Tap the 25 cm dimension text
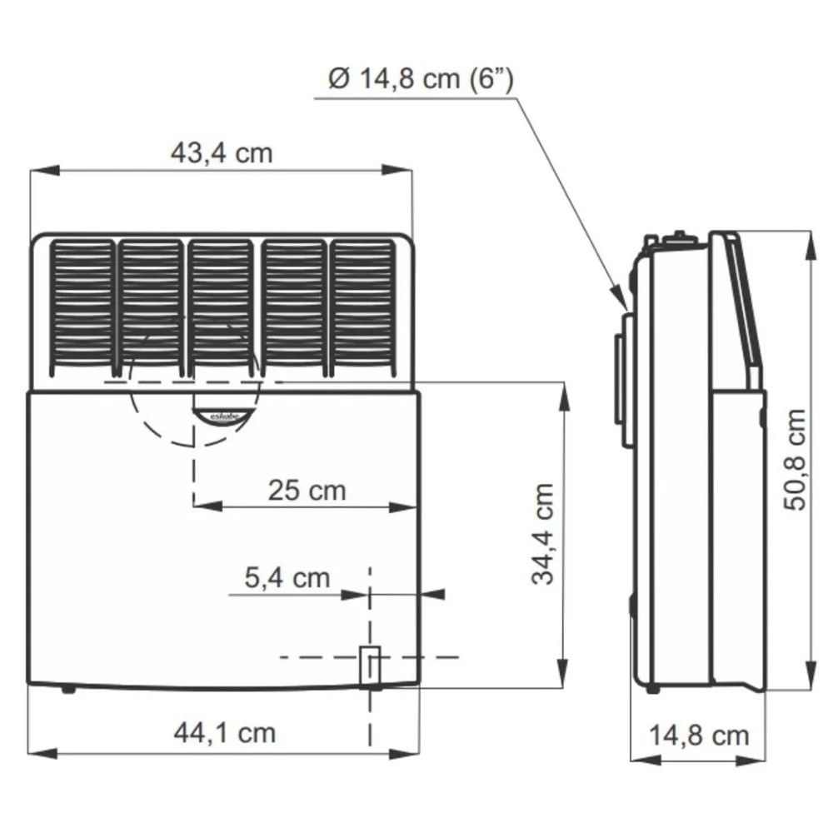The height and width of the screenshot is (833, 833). (x=307, y=490)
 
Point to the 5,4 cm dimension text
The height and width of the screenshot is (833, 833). (x=287, y=577)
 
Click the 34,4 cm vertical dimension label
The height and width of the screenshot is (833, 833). (x=543, y=534)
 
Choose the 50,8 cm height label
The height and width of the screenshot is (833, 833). (x=796, y=459)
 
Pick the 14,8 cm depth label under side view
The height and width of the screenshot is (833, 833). (x=699, y=736)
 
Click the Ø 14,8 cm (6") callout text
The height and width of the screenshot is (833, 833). (x=420, y=79)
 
